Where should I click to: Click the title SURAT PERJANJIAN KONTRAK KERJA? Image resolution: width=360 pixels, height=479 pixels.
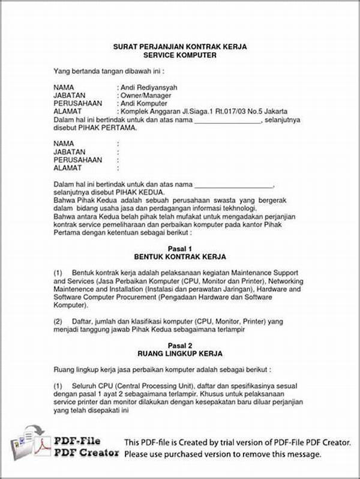coord(180,47)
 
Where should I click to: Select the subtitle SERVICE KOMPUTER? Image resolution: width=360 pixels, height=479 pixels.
coord(180,55)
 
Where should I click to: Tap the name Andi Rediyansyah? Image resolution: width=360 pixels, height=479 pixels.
coord(149,88)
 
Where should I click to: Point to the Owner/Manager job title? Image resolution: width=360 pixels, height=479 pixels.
coord(146,95)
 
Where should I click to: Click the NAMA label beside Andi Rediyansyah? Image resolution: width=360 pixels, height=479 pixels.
coord(64,88)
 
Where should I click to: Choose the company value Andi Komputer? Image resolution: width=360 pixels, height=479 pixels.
coord(145,103)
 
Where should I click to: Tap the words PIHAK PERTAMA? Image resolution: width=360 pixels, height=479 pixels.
coord(108,127)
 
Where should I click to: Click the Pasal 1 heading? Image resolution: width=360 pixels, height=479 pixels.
coord(180,249)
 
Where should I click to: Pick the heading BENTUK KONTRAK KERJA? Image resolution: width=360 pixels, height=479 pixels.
coord(180,256)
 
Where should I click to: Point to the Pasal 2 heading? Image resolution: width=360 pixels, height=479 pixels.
coord(180,346)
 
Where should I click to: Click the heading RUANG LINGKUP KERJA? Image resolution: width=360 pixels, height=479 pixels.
coord(180,354)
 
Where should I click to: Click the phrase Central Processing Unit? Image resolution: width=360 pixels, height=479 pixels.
coord(152,386)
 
